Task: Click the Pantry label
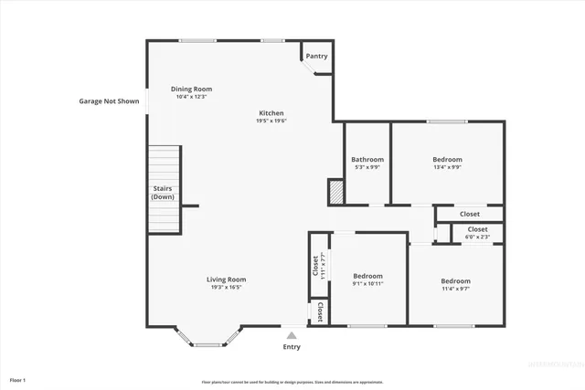316,57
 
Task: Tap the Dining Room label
192,89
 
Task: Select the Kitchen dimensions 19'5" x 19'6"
271,121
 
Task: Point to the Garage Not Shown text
109,101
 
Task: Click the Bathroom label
367,160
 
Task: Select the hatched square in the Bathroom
336,191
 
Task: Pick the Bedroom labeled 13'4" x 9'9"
447,160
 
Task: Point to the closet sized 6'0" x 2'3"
477,233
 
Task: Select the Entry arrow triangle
292,335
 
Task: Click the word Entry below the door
292,347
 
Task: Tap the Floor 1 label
17,379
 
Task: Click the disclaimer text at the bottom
292,382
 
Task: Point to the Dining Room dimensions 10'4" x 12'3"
192,97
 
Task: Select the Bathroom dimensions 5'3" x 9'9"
367,168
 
